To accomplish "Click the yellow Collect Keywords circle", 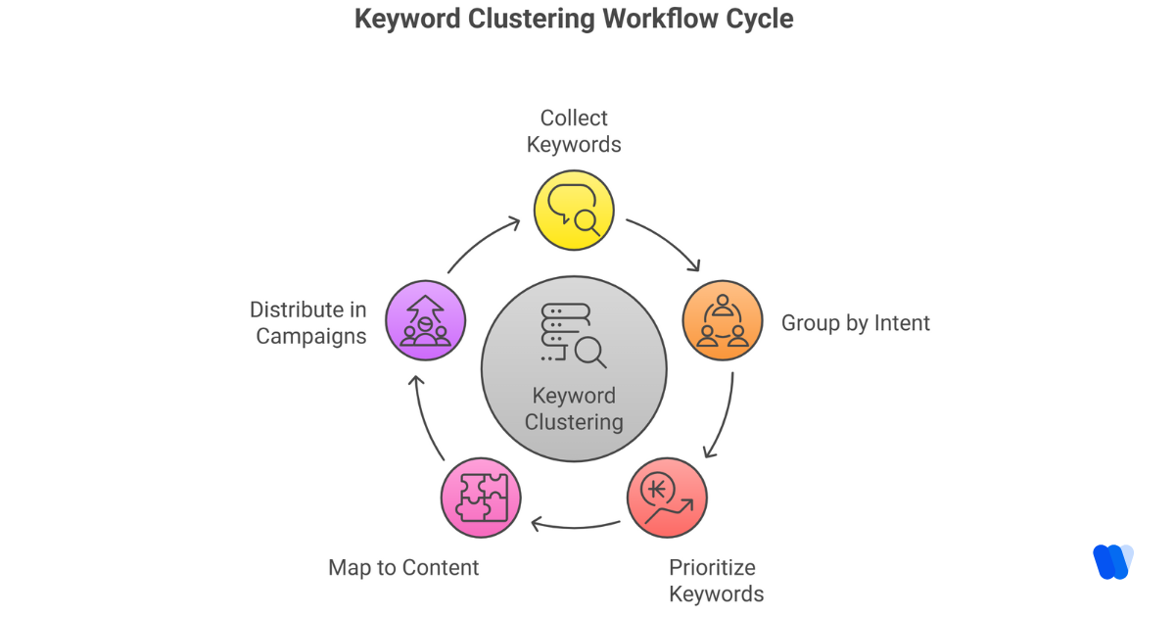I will pyautogui.click(x=574, y=210).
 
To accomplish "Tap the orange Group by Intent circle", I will pyautogui.click(x=722, y=322).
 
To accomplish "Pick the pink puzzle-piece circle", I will pyautogui.click(x=481, y=498).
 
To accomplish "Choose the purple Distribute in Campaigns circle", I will pyautogui.click(x=425, y=321).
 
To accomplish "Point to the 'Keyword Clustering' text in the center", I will pyautogui.click(x=574, y=409).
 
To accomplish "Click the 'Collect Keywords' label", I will pyautogui.click(x=574, y=131).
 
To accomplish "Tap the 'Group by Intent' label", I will pyautogui.click(x=855, y=323).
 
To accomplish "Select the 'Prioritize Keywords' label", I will pyautogui.click(x=716, y=580).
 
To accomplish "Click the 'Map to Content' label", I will pyautogui.click(x=403, y=567).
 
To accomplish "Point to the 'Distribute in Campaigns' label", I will pyautogui.click(x=309, y=323).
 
